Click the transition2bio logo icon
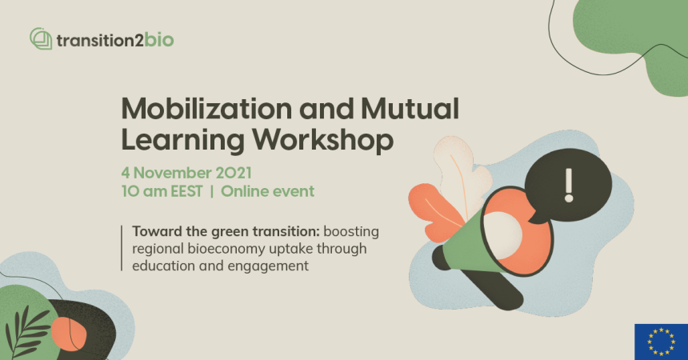tap(41, 38)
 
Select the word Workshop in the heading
tap(322, 141)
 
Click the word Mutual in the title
tap(410, 109)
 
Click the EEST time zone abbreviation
tap(187, 191)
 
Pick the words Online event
tap(268, 191)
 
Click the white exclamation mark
tap(569, 186)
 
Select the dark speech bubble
tap(568, 185)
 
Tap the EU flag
tap(662, 342)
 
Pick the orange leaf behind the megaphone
tap(434, 214)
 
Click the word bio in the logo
tap(159, 40)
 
